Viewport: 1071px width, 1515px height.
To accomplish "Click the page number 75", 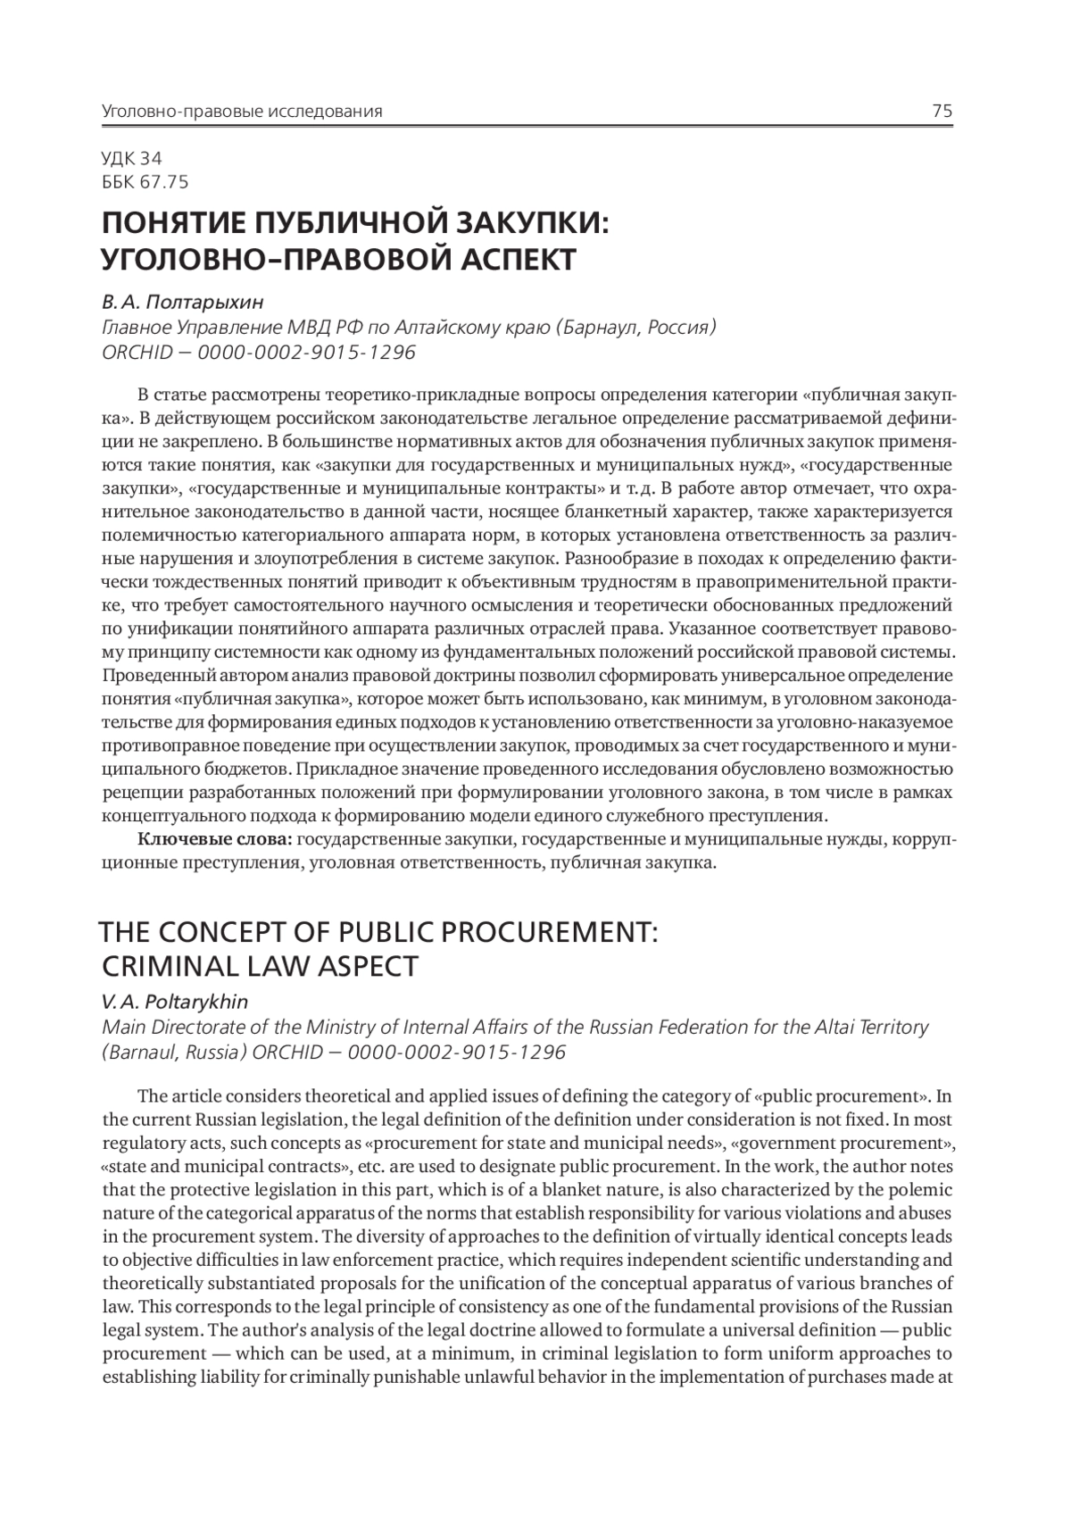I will (942, 112).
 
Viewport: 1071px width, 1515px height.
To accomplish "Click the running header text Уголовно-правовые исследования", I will (242, 112).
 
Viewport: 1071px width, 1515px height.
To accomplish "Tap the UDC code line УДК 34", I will (132, 159).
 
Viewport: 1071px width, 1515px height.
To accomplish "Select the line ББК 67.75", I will (145, 182).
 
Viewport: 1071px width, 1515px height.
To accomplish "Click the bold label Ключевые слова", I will (214, 839).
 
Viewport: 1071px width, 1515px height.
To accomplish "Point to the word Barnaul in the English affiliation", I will (144, 1052).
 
